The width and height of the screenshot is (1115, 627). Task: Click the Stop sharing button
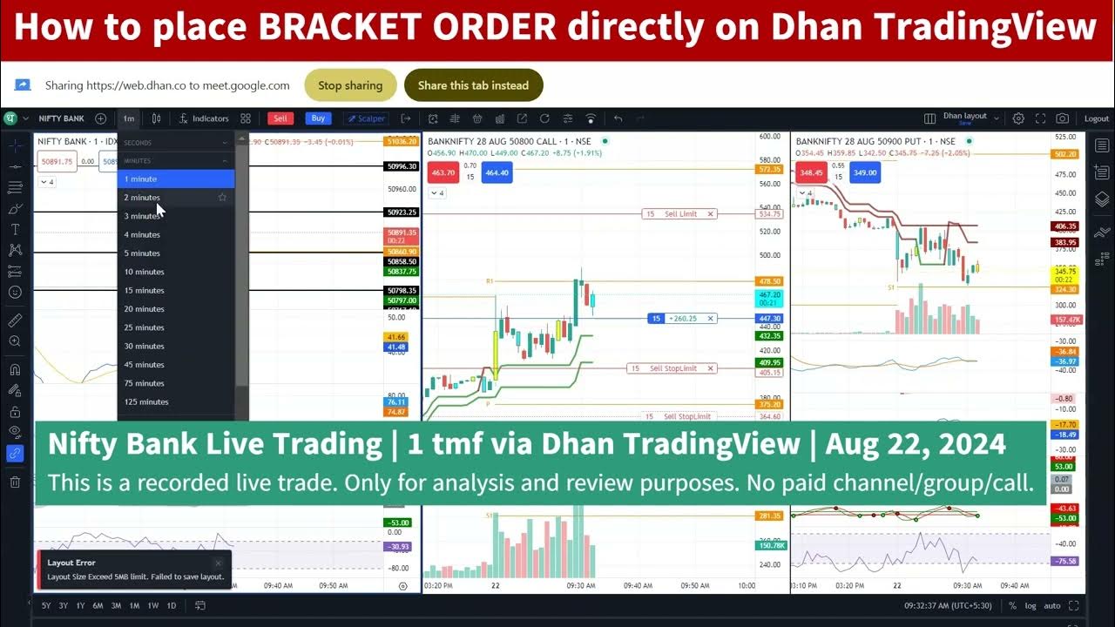pos(350,85)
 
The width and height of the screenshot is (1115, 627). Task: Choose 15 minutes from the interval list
pos(145,291)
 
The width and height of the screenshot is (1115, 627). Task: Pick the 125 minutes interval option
pos(146,402)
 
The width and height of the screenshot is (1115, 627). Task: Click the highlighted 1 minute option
pos(141,179)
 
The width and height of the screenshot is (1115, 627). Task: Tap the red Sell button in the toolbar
pos(280,118)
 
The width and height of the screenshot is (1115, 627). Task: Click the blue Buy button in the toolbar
pos(318,118)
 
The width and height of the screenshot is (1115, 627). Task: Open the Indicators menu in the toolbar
pos(204,118)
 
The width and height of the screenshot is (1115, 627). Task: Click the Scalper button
pos(366,118)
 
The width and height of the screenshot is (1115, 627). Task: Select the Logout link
pos(1097,118)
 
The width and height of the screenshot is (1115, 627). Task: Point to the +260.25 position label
pos(682,319)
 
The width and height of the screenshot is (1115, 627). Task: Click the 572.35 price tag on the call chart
pos(770,170)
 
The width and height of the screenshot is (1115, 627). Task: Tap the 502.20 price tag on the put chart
pos(1065,154)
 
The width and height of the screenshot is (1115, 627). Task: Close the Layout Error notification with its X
pos(218,563)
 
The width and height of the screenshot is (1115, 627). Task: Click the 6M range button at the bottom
pos(98,605)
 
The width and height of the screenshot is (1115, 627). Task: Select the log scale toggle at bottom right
pos(1031,605)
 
